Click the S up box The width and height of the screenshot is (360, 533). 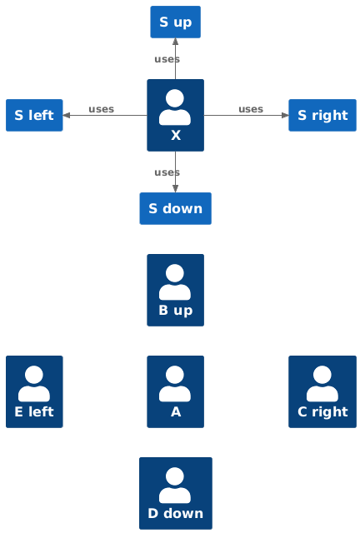tap(175, 22)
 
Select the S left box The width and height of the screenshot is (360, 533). tap(34, 115)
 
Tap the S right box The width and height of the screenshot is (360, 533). tap(322, 115)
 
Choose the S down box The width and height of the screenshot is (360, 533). tap(176, 208)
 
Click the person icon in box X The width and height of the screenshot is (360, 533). tap(175, 107)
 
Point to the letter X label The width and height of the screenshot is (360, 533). tap(176, 135)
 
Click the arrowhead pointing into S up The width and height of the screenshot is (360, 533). tap(175, 42)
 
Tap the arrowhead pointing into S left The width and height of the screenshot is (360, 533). tap(67, 115)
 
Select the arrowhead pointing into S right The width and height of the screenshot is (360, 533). tap(285, 115)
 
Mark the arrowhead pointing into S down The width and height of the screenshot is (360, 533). tap(175, 189)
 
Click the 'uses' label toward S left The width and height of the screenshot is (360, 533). tap(102, 109)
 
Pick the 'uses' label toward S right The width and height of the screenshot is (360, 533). tap(251, 109)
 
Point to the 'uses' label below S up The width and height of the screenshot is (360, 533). tap(167, 59)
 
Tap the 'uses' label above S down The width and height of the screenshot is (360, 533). tap(167, 172)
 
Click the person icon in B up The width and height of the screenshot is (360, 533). tap(175, 281)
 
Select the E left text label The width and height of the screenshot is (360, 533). tap(34, 412)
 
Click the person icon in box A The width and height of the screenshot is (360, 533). tap(175, 383)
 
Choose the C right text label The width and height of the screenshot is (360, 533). tap(322, 412)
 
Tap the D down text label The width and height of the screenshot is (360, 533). tap(176, 513)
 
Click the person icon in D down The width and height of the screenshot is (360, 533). tap(175, 485)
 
